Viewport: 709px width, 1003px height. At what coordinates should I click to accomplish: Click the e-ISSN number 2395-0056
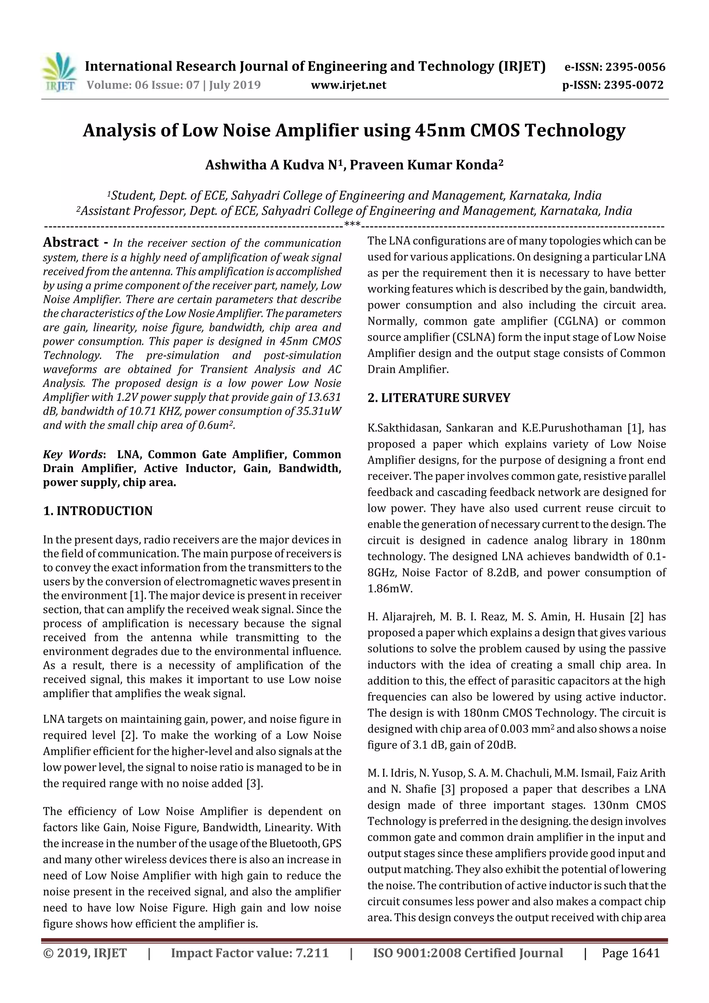click(635, 67)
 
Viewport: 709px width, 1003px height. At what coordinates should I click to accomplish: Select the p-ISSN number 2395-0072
click(634, 85)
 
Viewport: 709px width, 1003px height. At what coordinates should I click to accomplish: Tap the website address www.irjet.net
click(348, 85)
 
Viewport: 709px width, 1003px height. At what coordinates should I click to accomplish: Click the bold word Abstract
click(71, 242)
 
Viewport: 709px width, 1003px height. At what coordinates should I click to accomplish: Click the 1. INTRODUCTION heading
click(98, 511)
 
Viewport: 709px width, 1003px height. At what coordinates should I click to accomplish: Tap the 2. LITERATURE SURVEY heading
click(439, 398)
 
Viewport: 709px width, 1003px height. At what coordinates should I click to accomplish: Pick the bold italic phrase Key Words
click(72, 455)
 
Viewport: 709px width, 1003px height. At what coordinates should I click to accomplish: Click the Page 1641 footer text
click(630, 953)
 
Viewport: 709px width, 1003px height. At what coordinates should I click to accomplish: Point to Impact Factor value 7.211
click(250, 953)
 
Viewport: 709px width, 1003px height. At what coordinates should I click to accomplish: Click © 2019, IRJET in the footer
click(85, 953)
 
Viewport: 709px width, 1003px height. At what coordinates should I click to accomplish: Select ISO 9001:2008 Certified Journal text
click(467, 953)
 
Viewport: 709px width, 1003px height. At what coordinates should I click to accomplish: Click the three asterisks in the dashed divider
click(352, 225)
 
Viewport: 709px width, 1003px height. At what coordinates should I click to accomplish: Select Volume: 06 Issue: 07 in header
click(143, 85)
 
